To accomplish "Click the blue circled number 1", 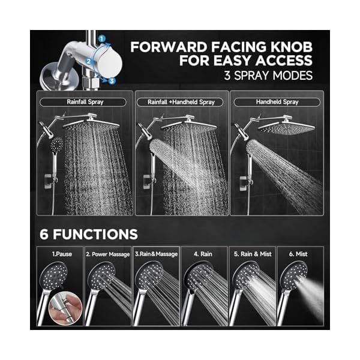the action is (103, 38).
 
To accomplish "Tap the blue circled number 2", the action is (88, 61).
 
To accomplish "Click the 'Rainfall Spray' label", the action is (86, 102).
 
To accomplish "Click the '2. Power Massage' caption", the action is (108, 254).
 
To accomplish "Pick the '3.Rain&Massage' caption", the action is (156, 254).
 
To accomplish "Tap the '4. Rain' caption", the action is (204, 254).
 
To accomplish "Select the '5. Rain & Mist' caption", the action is (253, 254).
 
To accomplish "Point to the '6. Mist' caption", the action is (300, 254).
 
